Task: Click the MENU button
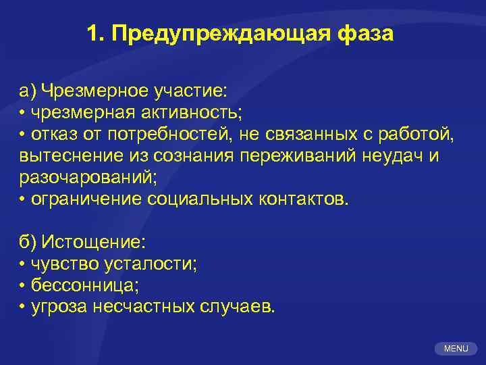coord(456,349)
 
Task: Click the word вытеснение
coord(65,157)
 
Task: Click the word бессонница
coord(84,286)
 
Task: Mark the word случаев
coord(238,308)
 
